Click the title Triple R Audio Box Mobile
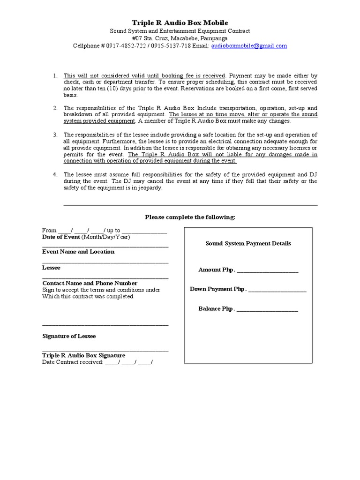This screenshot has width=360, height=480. [180, 22]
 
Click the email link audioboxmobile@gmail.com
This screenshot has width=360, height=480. [250, 46]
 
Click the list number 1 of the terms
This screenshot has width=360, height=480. [54, 75]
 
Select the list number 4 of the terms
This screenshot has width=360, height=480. [54, 174]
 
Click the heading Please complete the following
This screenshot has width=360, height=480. [190, 217]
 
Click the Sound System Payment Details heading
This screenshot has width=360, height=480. [248, 243]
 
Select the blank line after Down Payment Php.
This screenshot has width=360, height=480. [277, 290]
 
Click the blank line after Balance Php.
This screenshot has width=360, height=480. [267, 310]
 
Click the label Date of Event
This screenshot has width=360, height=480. [61, 237]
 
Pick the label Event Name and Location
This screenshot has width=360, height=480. [78, 252]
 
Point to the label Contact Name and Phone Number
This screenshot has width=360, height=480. [90, 283]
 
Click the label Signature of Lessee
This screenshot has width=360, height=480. [69, 336]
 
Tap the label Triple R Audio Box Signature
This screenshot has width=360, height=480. [83, 355]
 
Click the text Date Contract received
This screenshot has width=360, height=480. [72, 362]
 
